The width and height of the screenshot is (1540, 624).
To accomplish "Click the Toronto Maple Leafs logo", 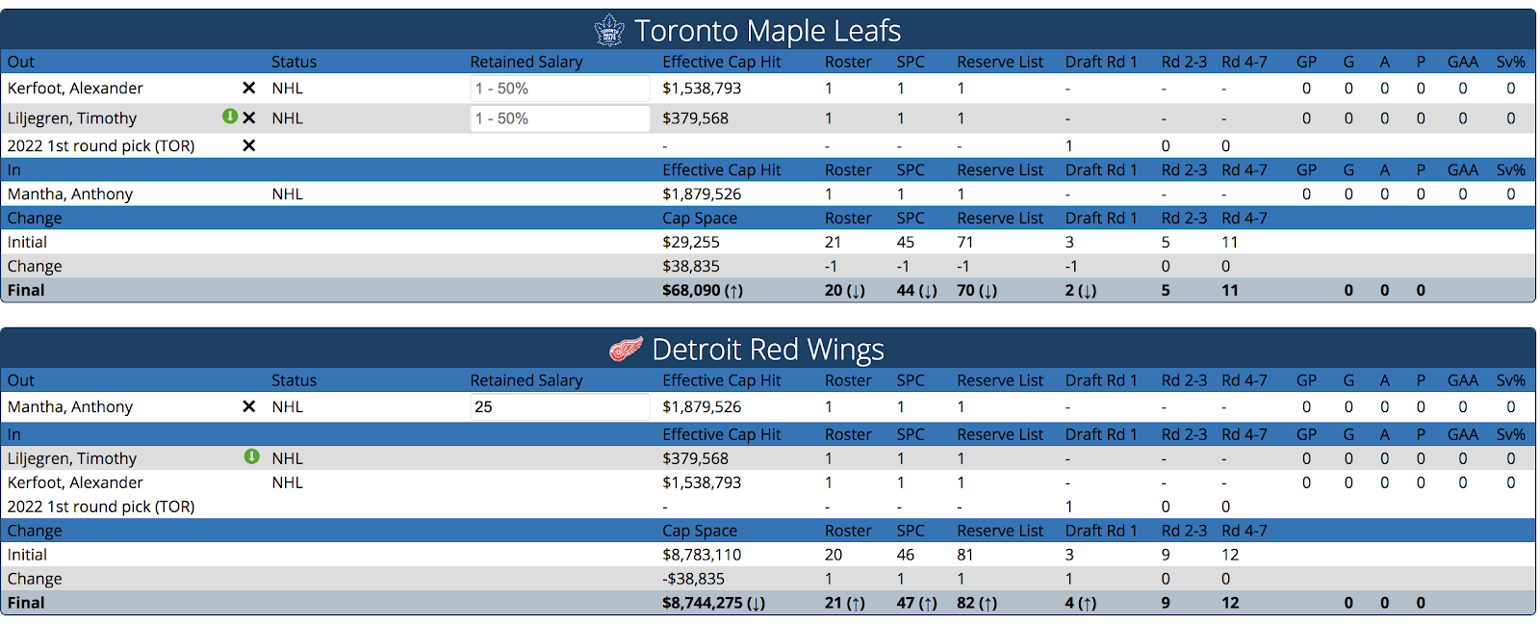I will tap(609, 31).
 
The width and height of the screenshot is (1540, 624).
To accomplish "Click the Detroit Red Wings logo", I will tap(627, 349).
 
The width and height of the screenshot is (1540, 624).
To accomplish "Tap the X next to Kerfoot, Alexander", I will tap(248, 88).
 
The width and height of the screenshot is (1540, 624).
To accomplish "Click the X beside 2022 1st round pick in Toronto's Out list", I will tap(248, 145).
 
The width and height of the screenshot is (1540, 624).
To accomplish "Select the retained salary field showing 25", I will tap(559, 406).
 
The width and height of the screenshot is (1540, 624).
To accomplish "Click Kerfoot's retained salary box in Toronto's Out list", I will tap(559, 89).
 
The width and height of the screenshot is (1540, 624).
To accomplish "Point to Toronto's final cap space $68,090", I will tap(702, 290).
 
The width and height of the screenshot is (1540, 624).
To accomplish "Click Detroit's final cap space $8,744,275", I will tap(713, 603).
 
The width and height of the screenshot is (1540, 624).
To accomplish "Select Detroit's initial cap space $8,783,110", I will tap(702, 555).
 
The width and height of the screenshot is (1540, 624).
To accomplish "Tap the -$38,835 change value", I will tap(693, 579).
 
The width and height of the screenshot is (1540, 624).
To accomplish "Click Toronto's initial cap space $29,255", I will tap(691, 242).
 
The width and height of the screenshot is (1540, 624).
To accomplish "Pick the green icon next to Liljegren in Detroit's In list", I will tap(252, 456).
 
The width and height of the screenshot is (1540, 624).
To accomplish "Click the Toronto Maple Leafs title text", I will tap(767, 31).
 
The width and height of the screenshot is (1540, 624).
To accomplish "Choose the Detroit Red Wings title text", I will tap(767, 349).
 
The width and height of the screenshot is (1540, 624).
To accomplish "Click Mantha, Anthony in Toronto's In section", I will tap(70, 194).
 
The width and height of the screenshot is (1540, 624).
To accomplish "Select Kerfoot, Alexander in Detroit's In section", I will tap(75, 482).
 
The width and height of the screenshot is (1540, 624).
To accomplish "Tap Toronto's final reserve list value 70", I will tap(976, 290).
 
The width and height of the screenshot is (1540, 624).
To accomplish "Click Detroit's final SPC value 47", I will tap(916, 603).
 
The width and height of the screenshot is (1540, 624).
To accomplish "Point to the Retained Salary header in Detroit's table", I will tap(526, 380).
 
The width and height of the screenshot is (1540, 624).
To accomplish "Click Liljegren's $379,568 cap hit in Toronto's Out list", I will tap(695, 118).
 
